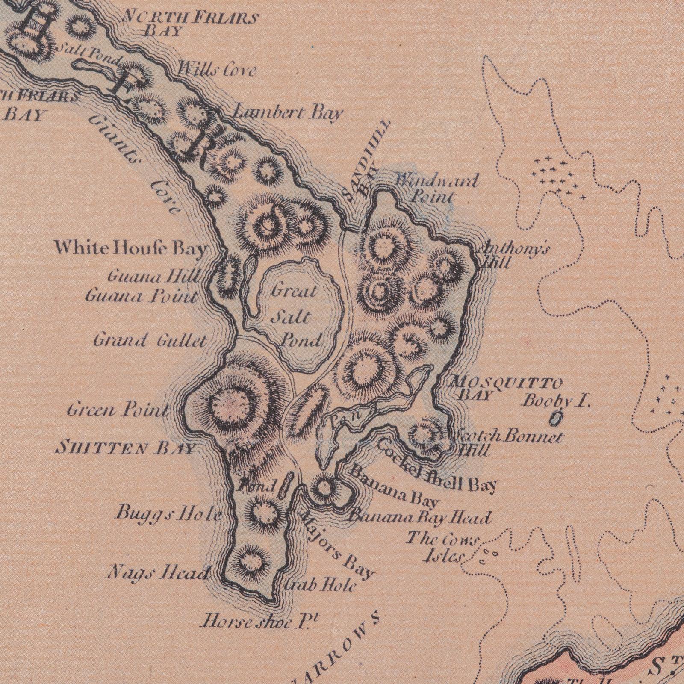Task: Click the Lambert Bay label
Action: pyautogui.click(x=288, y=113)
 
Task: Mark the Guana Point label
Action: pyautogui.click(x=142, y=296)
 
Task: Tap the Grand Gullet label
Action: pyautogui.click(x=150, y=341)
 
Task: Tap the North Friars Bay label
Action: pyautogui.click(x=190, y=24)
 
